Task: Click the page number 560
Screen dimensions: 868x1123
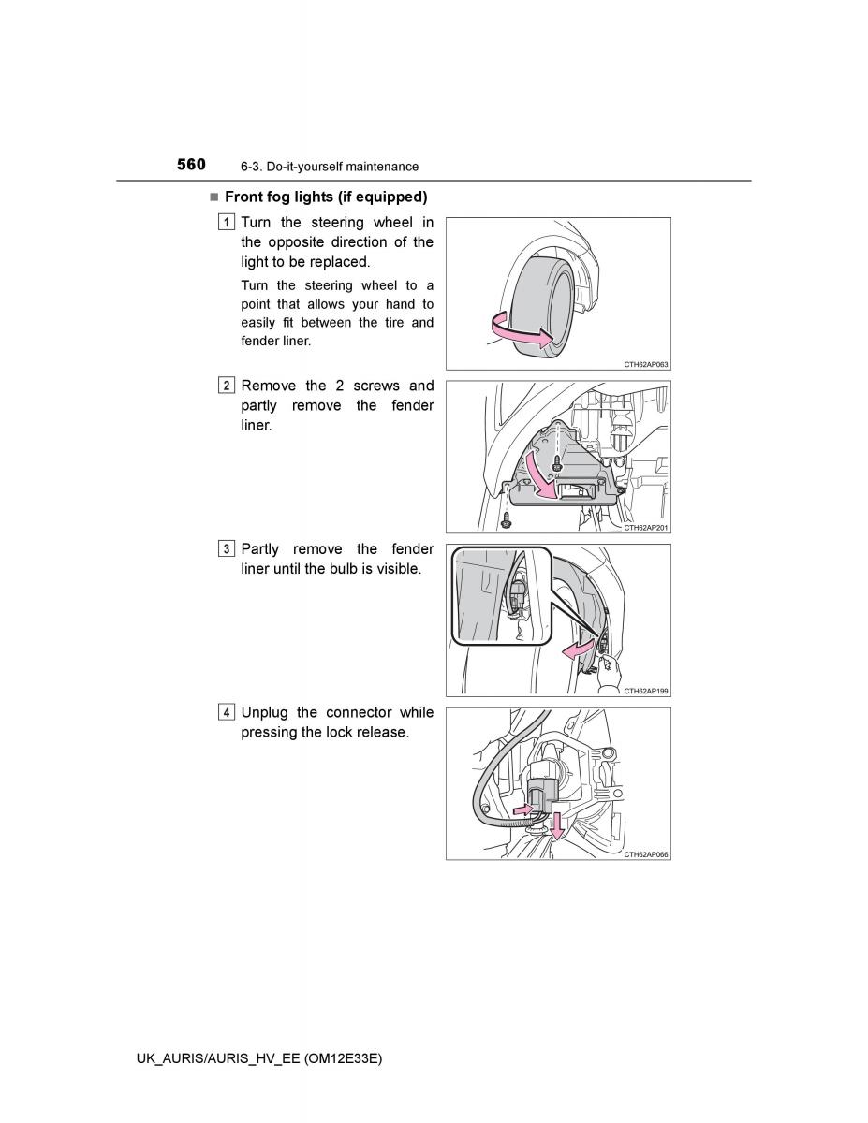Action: point(191,165)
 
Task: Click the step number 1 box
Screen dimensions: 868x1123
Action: point(226,222)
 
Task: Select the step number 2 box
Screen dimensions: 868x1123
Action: point(226,386)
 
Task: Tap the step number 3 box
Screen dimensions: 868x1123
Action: point(226,548)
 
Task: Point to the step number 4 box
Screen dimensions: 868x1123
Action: point(226,712)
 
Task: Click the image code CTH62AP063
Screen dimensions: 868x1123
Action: point(646,364)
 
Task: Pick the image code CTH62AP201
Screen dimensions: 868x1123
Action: point(646,528)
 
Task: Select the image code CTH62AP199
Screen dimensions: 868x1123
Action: point(646,691)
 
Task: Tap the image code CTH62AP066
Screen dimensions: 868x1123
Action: point(646,854)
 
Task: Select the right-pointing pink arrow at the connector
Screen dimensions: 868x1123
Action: point(523,809)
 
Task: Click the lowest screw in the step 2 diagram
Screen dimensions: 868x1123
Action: point(507,521)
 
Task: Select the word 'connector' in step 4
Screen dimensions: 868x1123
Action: point(359,712)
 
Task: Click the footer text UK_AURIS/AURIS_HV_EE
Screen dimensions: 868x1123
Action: point(218,1058)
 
